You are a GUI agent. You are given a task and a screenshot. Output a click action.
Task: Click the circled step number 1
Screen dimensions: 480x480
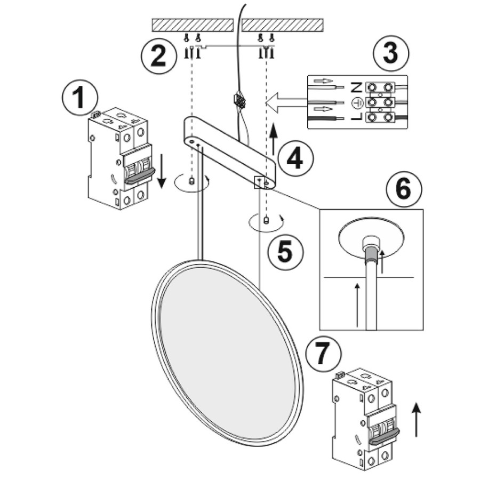coord(80,98)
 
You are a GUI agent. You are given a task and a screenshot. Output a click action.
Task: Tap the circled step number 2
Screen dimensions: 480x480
coord(158,55)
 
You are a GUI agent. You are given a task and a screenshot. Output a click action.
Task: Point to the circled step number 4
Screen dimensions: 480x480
coord(295,159)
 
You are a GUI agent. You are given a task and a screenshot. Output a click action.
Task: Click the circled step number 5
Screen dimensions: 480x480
coord(285,252)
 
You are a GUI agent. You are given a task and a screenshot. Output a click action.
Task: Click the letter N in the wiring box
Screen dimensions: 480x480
coord(357,87)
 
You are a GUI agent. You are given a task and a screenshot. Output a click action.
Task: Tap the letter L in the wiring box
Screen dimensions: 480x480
coord(357,117)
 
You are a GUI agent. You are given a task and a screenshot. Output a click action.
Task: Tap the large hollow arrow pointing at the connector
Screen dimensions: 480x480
coord(286,102)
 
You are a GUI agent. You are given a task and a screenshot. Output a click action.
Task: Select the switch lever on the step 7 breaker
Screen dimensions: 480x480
coord(384,436)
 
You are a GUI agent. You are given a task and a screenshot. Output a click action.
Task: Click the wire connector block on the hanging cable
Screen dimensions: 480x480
coord(239,100)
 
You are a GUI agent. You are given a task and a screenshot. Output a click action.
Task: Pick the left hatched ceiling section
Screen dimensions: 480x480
coord(193,25)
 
